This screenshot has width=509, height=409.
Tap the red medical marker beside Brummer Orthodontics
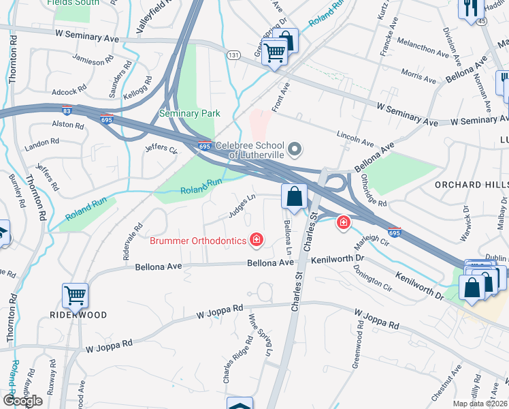(x=257, y=239)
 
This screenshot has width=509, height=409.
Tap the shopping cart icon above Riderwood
(x=75, y=296)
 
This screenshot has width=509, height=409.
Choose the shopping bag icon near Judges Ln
(x=294, y=197)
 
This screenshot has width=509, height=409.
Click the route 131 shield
(x=233, y=55)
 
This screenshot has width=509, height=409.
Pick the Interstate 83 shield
(x=65, y=109)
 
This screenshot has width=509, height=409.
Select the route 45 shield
(x=482, y=21)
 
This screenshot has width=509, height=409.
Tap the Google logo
(x=23, y=401)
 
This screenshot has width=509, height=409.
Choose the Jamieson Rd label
(x=90, y=61)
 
